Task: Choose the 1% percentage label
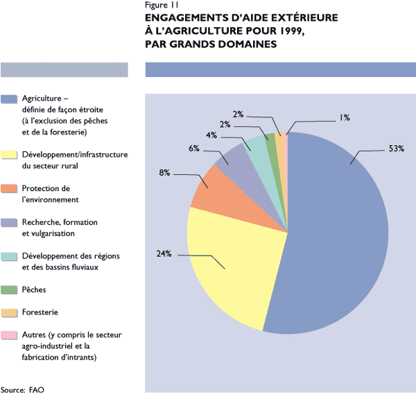[x=344, y=117]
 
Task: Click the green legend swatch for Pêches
[x=10, y=288]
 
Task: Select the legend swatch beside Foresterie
[x=10, y=312]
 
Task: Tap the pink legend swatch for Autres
[x=10, y=335]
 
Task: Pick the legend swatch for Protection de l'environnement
[x=10, y=188]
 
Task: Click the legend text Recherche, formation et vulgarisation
[x=60, y=227]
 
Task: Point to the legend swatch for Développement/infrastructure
[x=10, y=154]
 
